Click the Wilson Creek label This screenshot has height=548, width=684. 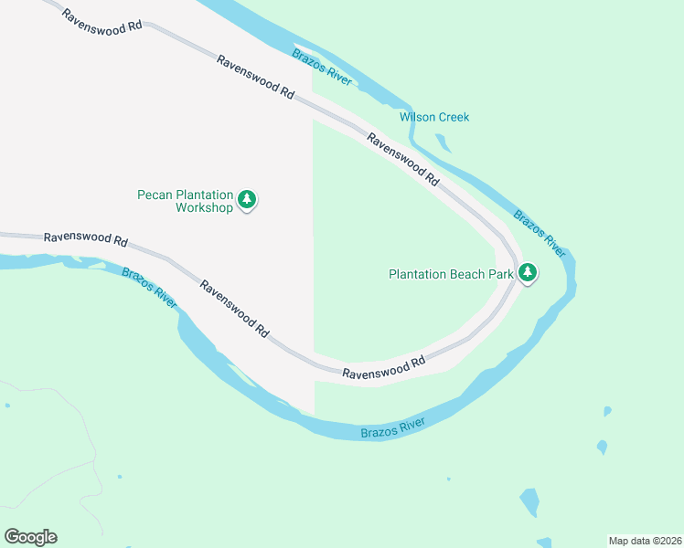coord(433,117)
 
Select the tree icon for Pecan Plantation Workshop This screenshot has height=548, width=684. coord(247,199)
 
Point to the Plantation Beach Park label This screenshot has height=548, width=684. coord(449,274)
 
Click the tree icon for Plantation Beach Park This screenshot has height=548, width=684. coord(527,272)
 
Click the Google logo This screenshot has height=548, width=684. coord(30,537)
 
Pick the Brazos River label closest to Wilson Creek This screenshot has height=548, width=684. coord(322,68)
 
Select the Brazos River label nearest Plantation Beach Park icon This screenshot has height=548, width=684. coord(540,230)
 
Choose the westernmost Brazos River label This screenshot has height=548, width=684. coord(149,286)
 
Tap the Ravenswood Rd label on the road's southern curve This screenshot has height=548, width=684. coord(384,367)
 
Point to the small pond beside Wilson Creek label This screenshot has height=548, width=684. coord(444,142)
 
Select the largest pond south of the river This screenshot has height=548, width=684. coord(529,501)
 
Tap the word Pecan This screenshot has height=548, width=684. coord(155,195)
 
